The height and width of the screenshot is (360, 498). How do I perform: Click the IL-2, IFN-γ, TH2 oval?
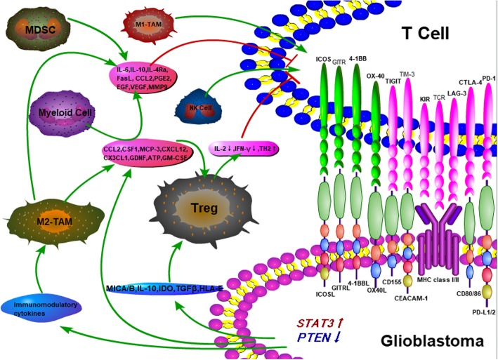(246, 149)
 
